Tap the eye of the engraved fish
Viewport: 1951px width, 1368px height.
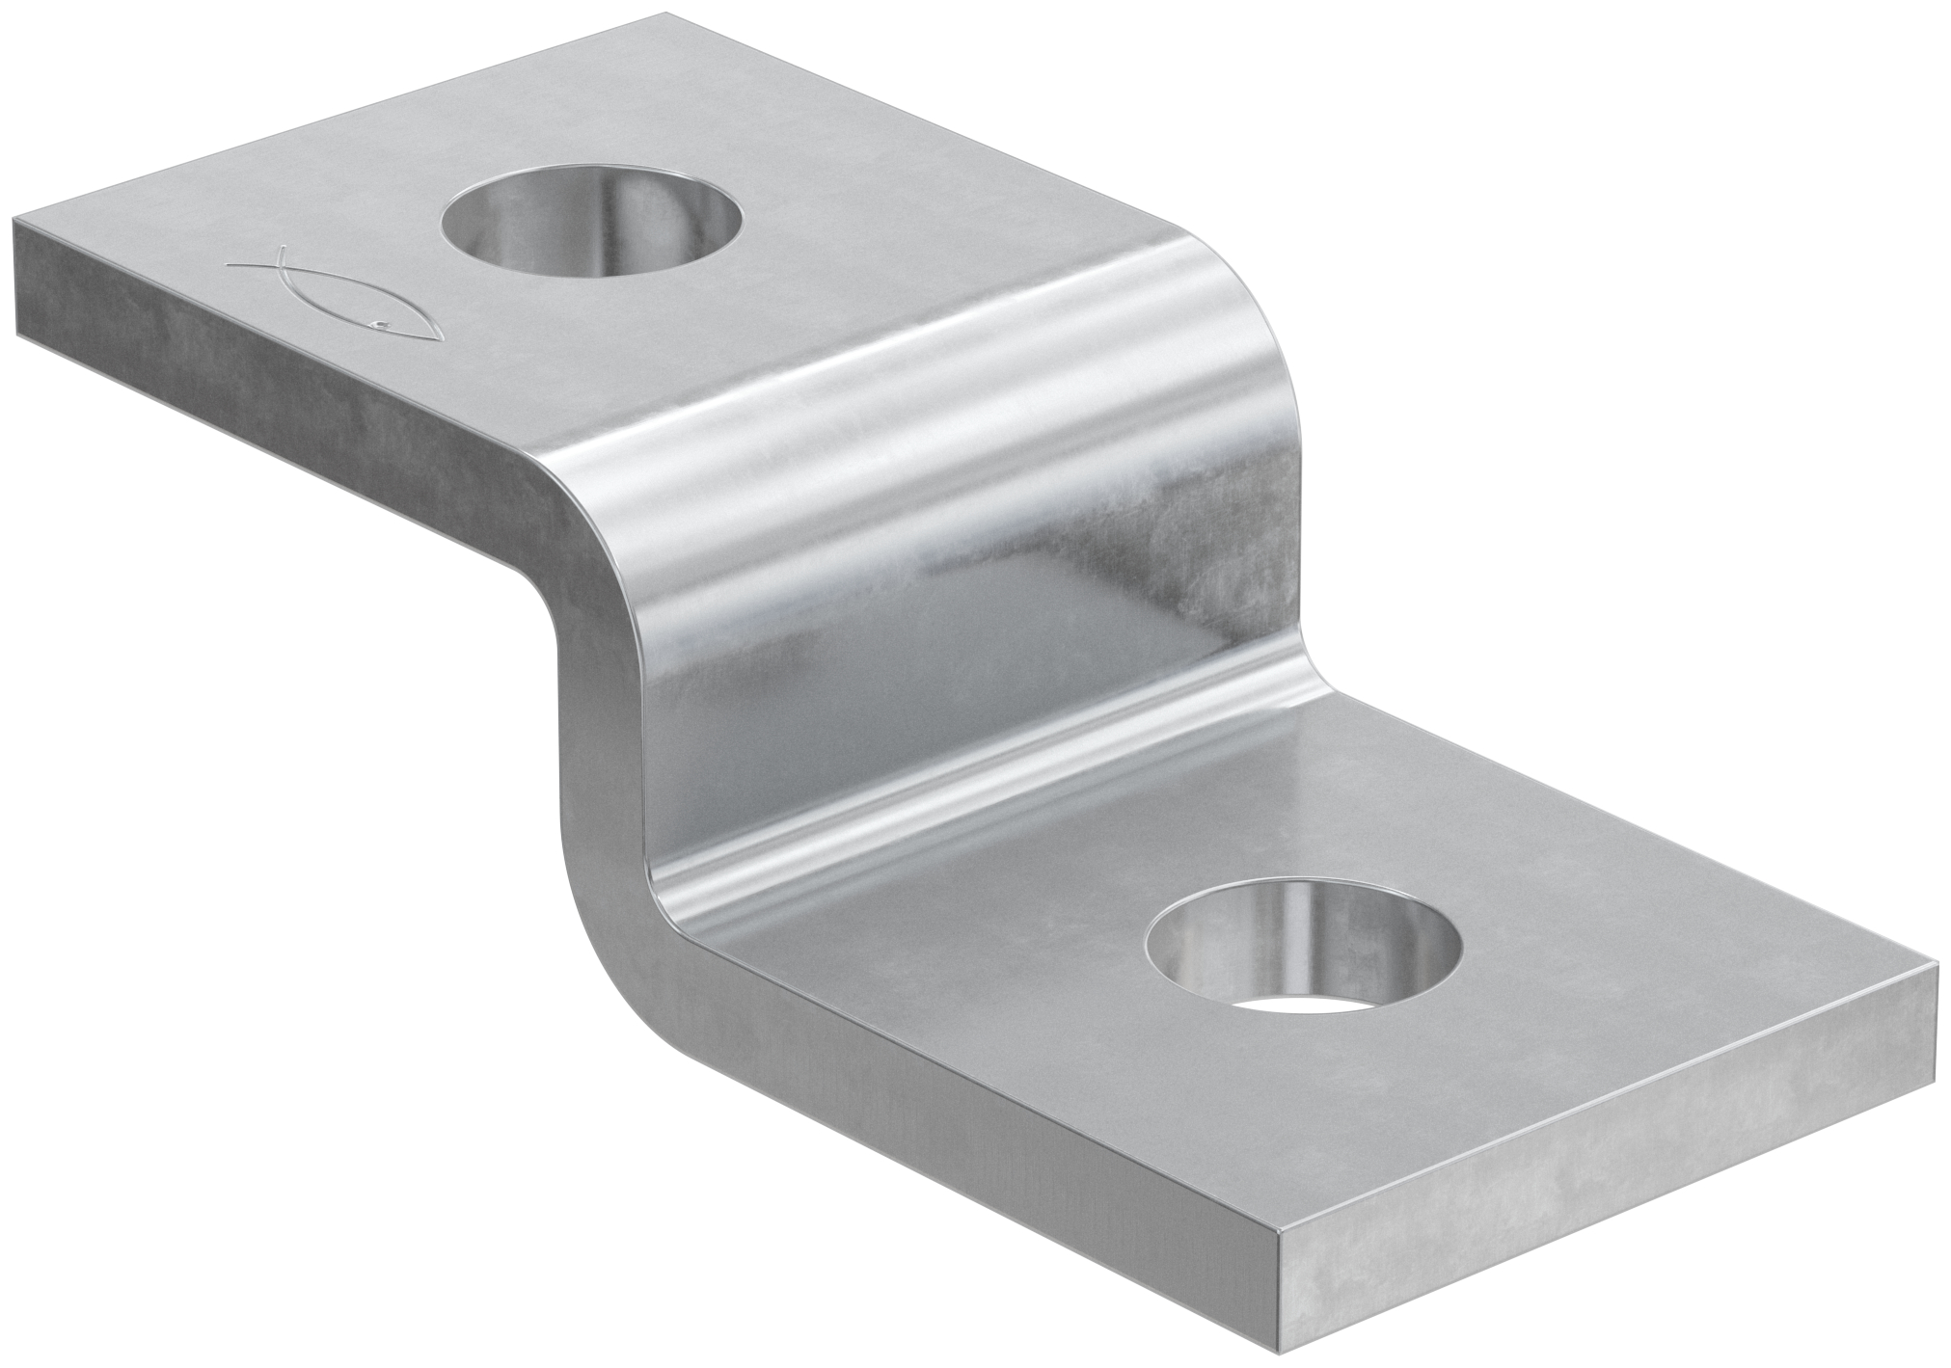click(383, 324)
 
